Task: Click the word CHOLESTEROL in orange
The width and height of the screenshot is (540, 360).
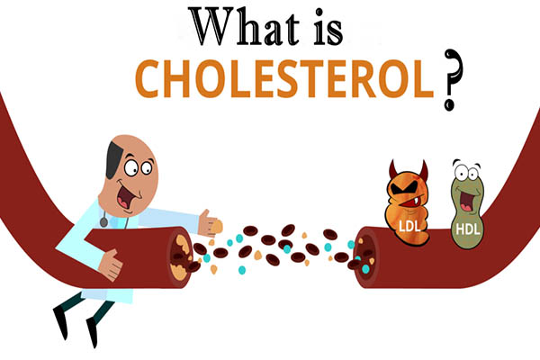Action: pyautogui.click(x=284, y=79)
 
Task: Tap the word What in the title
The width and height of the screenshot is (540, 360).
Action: pyautogui.click(x=246, y=27)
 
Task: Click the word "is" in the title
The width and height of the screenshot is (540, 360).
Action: pyautogui.click(x=328, y=29)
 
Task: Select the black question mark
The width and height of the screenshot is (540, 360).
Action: pyautogui.click(x=452, y=80)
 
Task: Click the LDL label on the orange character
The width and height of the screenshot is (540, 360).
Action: pyautogui.click(x=409, y=226)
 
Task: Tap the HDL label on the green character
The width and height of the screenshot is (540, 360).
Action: pyautogui.click(x=468, y=229)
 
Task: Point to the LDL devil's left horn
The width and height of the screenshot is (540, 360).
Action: pyautogui.click(x=392, y=168)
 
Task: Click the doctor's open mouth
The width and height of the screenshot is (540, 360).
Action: pyautogui.click(x=125, y=197)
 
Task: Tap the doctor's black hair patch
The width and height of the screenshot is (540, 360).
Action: pyautogui.click(x=113, y=159)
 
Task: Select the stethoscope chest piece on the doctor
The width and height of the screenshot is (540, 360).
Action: pyautogui.click(x=103, y=222)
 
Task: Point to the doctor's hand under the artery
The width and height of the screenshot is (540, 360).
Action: pyautogui.click(x=110, y=265)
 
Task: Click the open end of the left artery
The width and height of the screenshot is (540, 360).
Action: pyautogui.click(x=180, y=257)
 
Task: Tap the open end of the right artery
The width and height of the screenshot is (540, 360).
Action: pyautogui.click(x=365, y=257)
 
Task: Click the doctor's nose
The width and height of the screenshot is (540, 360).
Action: pyautogui.click(x=138, y=193)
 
